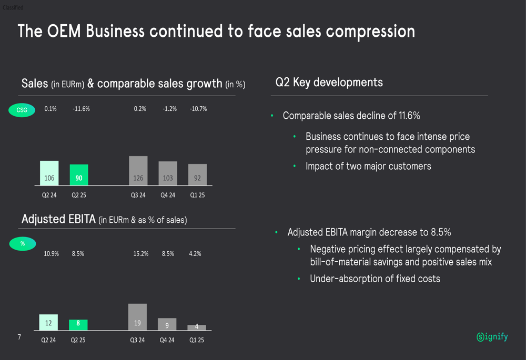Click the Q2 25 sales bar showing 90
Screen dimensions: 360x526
79,175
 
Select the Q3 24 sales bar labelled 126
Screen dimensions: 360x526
138,171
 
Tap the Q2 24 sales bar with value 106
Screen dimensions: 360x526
49,173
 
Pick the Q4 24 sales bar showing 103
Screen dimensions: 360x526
168,173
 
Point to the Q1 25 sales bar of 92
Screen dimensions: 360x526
197,175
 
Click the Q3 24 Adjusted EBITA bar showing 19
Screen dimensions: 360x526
137,317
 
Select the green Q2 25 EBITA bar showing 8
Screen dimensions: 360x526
78,325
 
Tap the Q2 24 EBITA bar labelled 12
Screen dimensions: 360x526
48,322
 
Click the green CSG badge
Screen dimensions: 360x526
22,110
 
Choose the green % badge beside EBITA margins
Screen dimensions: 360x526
22,244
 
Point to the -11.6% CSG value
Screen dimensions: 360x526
81,109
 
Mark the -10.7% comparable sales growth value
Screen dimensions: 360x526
198,109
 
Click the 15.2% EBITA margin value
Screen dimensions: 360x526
141,254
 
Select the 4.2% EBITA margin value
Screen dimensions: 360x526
195,254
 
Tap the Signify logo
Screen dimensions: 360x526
492,337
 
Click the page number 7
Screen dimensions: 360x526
19,337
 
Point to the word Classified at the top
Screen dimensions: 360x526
13,8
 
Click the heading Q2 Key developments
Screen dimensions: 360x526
329,83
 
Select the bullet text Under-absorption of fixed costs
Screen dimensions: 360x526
375,279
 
